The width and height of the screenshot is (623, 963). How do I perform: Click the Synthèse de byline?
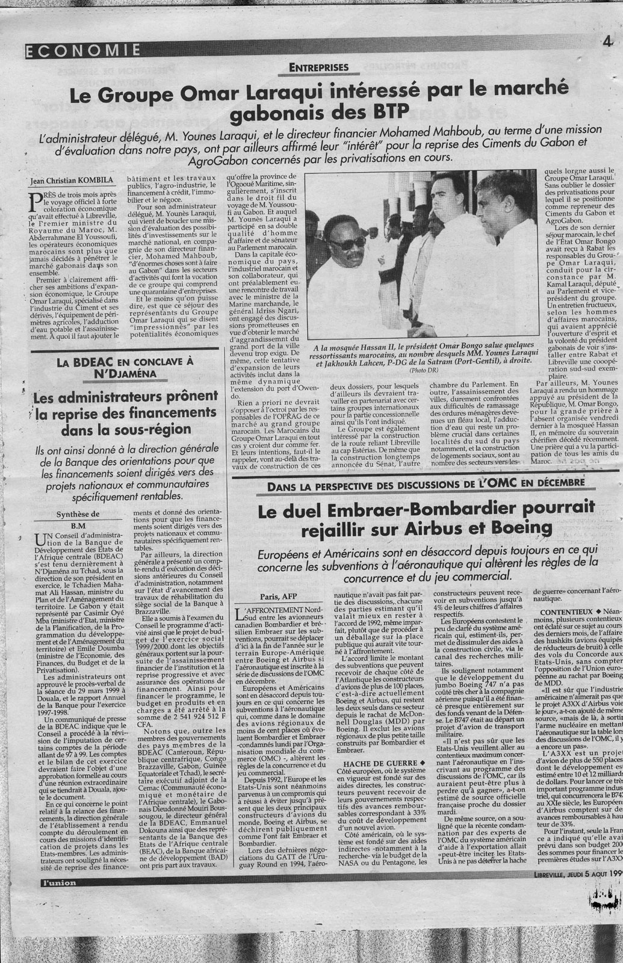[78, 514]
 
